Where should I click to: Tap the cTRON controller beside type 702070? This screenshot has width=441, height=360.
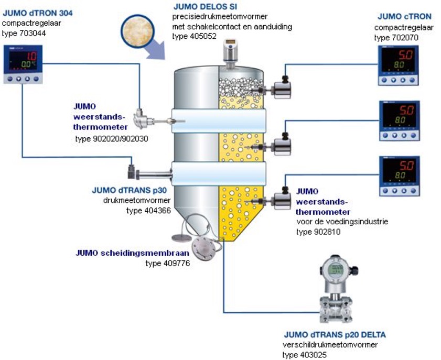399,66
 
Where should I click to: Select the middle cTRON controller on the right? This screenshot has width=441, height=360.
399,120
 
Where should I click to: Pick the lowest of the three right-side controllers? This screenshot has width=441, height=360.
399,176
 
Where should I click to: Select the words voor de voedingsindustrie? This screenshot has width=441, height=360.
342,222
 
